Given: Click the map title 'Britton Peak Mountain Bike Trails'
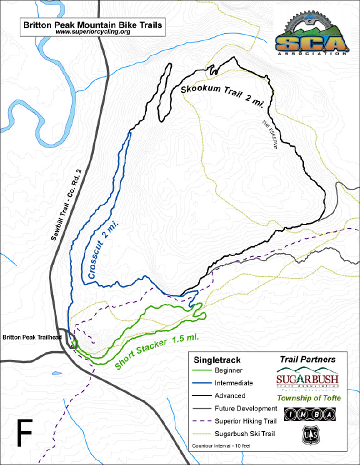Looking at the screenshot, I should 92,25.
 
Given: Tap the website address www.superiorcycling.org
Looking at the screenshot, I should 92,32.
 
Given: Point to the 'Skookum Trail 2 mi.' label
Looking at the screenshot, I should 225,94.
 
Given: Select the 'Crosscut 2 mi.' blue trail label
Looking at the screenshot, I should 99,255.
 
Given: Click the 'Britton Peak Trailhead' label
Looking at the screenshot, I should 31,337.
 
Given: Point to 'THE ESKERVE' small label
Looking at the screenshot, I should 271,135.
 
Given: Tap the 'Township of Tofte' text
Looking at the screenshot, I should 309,398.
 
